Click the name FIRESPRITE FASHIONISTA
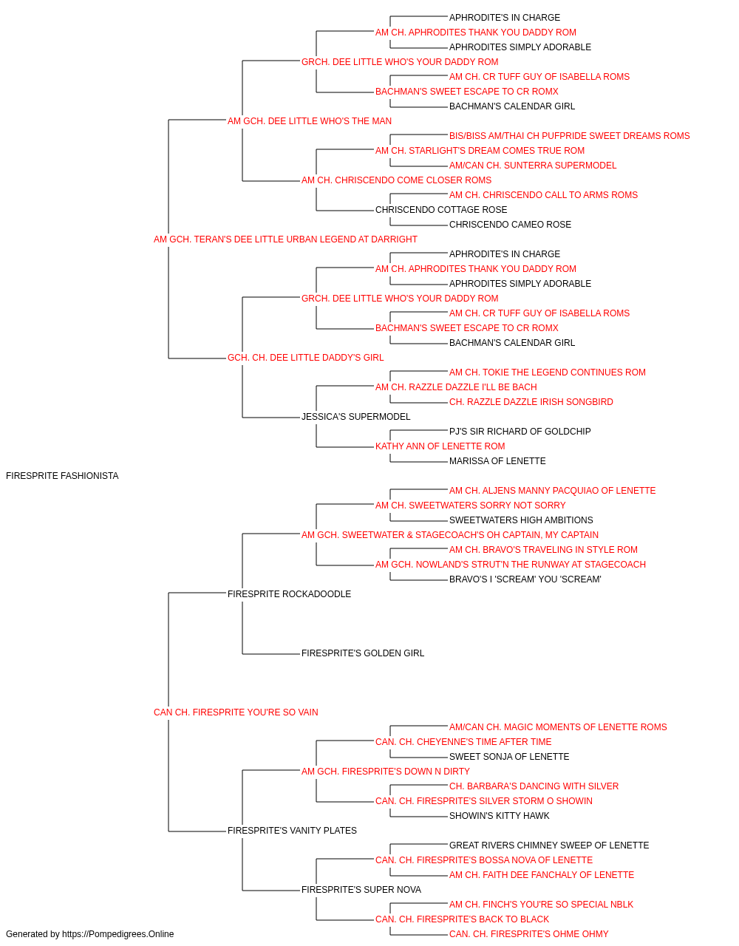pos(62,476)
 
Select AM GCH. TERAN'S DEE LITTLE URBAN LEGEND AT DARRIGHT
pos(285,239)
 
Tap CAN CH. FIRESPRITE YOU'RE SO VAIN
pos(236,712)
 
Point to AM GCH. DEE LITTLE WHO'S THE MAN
pos(310,121)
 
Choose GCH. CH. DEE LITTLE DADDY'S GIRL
pos(305,358)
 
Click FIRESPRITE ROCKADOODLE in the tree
pos(289,593)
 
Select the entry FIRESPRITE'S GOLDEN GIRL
pos(363,653)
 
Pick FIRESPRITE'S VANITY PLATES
pos(292,830)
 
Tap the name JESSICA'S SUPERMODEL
pos(356,417)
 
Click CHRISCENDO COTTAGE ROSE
pos(441,210)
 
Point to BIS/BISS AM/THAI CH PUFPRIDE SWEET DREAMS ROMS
pos(569,136)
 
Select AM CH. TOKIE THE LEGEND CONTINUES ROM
pos(548,372)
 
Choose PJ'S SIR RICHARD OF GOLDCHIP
pos(520,432)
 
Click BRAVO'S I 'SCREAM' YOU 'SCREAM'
pos(525,579)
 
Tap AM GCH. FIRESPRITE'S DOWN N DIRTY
pos(386,772)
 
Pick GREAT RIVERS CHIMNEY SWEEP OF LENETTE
pos(549,845)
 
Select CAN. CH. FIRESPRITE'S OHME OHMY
pos(529,934)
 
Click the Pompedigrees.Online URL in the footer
pos(118,934)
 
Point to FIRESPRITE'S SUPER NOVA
pos(361,889)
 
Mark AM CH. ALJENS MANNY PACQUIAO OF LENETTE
pos(552,491)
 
